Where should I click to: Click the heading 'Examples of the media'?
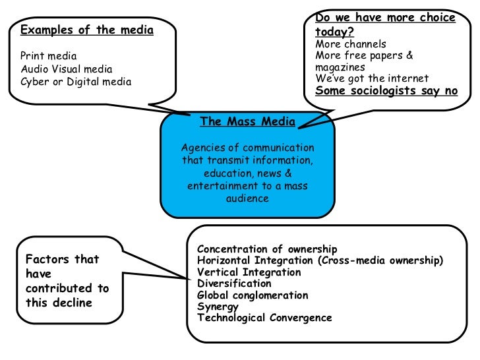(87, 30)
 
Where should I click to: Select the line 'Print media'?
(48, 56)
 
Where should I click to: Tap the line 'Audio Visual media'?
(67, 69)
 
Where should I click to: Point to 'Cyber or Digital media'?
(76, 82)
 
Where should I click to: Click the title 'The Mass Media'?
(247, 121)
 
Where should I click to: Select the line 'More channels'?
(350, 44)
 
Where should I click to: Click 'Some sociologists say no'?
(386, 91)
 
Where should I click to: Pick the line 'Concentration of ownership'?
(267, 249)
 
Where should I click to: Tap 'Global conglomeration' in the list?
(253, 295)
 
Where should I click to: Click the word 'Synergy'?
(218, 307)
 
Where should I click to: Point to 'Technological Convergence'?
(264, 318)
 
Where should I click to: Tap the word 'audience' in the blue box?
(247, 198)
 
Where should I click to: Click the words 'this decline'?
(59, 303)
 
